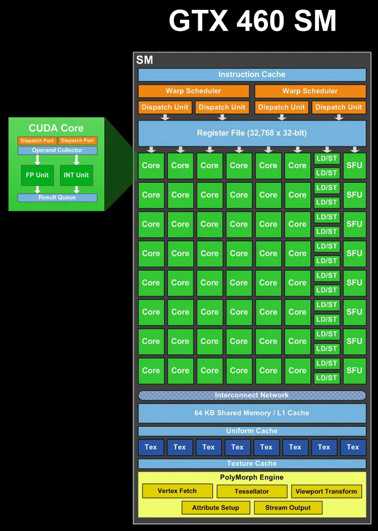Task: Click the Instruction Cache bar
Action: point(252,75)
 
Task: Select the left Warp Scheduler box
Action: point(193,91)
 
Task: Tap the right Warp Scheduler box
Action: point(310,91)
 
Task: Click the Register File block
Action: point(252,133)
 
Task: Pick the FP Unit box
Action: point(37,175)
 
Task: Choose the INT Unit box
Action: point(76,175)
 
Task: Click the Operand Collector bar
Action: point(57,150)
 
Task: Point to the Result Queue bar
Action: point(57,198)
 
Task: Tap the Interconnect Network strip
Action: point(252,395)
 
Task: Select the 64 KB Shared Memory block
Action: point(252,413)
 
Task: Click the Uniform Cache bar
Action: point(252,431)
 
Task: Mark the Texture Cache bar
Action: point(252,463)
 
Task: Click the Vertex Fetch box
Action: point(177,491)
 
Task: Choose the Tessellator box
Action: point(252,491)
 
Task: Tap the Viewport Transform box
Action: point(326,491)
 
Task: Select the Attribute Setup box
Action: point(216,508)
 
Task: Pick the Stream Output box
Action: point(288,508)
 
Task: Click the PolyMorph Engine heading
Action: point(252,477)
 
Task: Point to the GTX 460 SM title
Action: point(252,21)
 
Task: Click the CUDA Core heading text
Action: point(56,128)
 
